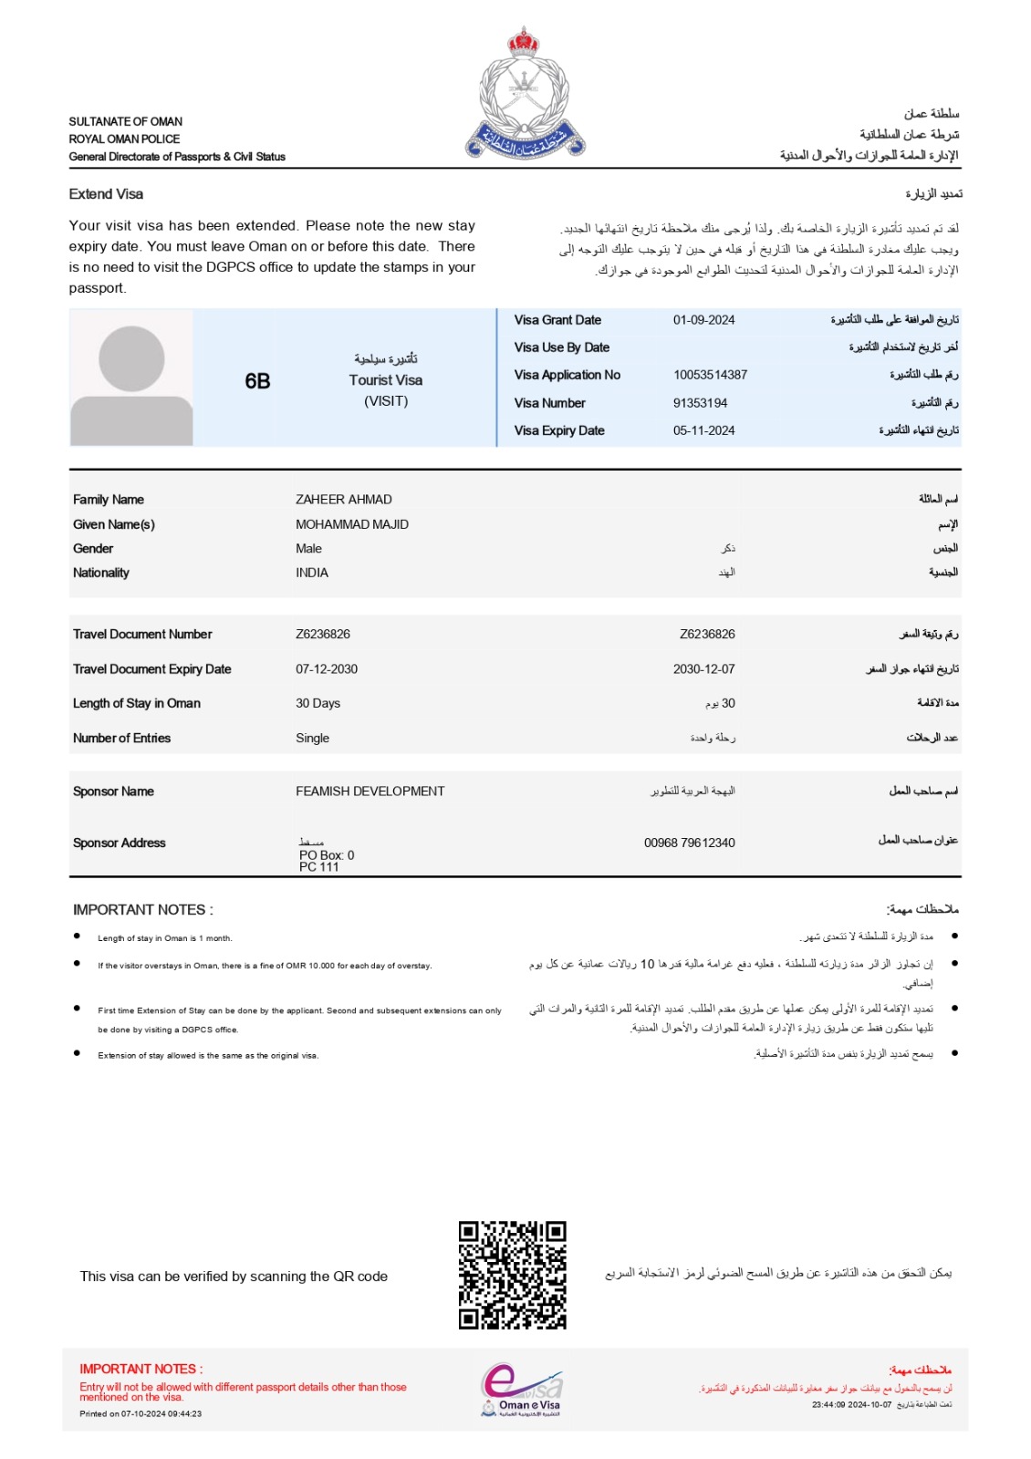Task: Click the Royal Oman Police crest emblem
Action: pos(525,93)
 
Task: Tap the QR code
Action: pos(512,1275)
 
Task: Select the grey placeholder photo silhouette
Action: pos(131,378)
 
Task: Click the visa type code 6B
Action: pos(257,381)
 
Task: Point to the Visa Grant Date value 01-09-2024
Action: pos(703,320)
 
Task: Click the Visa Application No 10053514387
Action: pos(710,375)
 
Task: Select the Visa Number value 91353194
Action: pos(700,403)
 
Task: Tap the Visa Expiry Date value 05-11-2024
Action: pos(703,430)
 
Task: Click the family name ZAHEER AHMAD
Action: pos(343,500)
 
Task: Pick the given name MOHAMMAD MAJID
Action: pos(351,524)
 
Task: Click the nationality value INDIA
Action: pos(311,573)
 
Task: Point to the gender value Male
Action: pos(308,549)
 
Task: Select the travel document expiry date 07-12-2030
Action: pos(326,669)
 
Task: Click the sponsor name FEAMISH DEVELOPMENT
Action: pos(370,792)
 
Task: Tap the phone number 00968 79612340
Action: pos(689,843)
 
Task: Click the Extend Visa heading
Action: pos(106,194)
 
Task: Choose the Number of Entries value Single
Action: pos(312,739)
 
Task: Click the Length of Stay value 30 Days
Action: pos(318,703)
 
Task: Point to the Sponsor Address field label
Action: pos(119,843)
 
